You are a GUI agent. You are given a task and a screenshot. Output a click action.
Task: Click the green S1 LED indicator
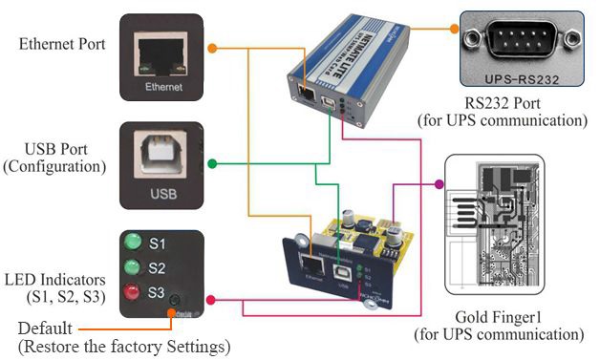pos(134,243)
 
